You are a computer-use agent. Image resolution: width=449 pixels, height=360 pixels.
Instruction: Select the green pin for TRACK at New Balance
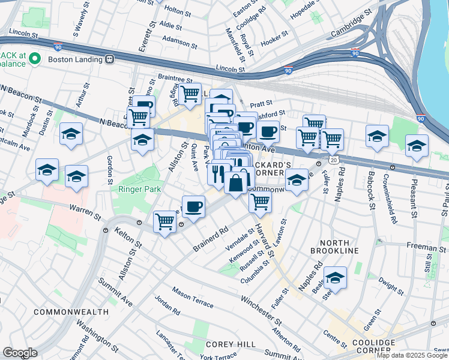pos(35,59)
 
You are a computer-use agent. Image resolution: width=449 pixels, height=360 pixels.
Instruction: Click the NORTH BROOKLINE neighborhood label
pos(334,250)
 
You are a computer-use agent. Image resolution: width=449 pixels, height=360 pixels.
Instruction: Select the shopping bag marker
pos(237,182)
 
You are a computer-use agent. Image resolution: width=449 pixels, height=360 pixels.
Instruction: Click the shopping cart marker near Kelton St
pos(164,222)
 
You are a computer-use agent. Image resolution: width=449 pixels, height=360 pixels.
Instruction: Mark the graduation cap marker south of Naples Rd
pos(335,277)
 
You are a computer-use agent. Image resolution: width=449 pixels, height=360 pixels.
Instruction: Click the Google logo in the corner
pos(19,353)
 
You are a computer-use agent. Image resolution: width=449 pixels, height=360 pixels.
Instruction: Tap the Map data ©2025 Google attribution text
pos(412,355)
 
